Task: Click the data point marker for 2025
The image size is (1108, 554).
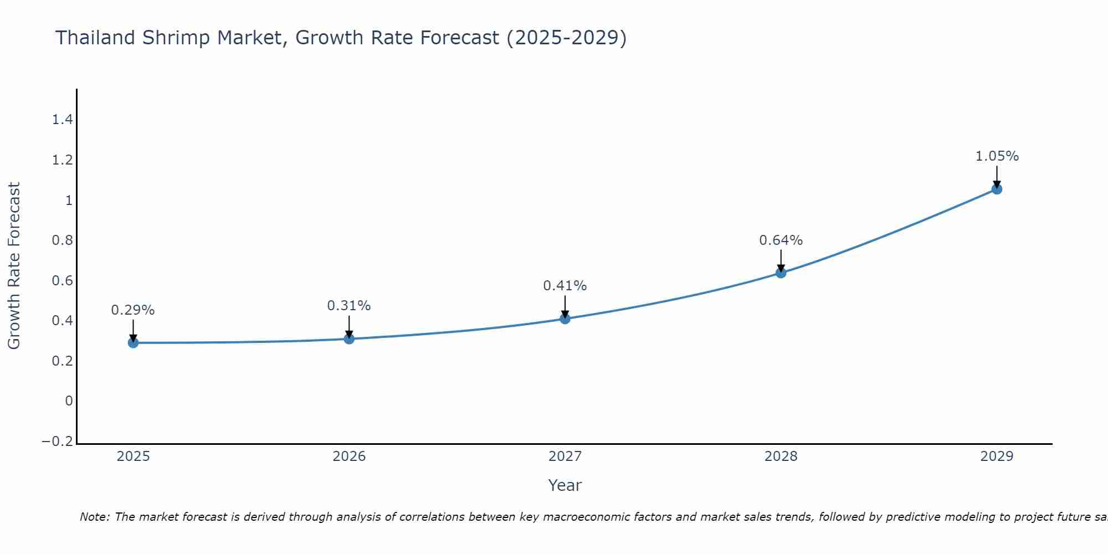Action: coord(133,343)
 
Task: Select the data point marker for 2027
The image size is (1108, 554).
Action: coord(565,319)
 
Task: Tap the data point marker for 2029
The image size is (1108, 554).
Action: coord(997,189)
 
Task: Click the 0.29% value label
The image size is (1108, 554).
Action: coord(133,310)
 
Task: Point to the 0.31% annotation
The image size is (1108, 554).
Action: coord(349,306)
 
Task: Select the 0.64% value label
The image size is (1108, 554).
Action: coord(781,240)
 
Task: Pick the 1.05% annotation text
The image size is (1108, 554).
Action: coord(997,156)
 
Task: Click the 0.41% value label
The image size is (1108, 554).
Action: coord(565,286)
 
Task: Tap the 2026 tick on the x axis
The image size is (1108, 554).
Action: coord(349,456)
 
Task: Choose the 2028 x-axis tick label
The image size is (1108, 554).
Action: coord(781,456)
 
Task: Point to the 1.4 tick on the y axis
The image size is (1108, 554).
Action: coord(62,120)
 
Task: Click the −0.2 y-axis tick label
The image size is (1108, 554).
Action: coord(58,442)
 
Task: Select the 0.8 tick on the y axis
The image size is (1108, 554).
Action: coord(62,240)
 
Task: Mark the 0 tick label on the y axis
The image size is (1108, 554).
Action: coord(69,401)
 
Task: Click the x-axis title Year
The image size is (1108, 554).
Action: coord(565,486)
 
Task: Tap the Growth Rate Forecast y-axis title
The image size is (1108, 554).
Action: coord(14,266)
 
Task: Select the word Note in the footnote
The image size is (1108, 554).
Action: coord(94,517)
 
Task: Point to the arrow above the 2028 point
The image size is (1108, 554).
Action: coord(781,260)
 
